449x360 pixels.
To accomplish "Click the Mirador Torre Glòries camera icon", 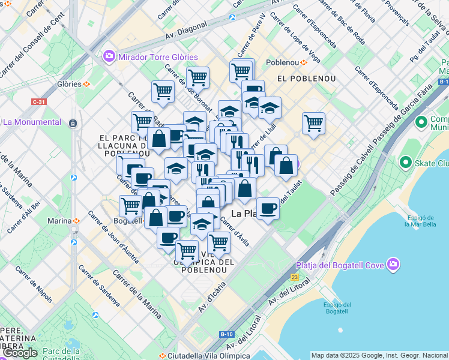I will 109,56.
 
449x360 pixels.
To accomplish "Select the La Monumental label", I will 32,122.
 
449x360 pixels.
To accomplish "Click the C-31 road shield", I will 39,102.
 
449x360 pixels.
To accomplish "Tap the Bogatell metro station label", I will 127,221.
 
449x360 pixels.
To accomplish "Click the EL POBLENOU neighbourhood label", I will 300,79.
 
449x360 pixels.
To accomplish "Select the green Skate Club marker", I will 405,163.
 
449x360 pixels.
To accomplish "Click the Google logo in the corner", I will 20,353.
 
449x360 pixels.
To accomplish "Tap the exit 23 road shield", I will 294,277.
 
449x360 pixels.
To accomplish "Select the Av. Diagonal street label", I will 187,28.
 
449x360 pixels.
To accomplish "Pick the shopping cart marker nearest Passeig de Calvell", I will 313,124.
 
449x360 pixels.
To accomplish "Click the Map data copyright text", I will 379,355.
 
